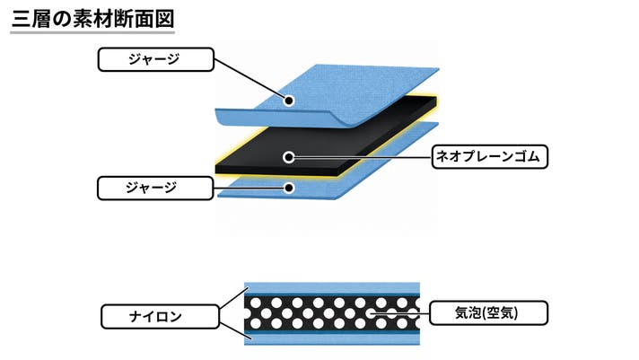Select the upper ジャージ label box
click(x=155, y=59)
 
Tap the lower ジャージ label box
click(x=155, y=188)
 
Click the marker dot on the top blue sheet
click(x=289, y=101)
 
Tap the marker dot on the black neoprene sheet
click(x=289, y=157)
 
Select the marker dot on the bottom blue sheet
click(x=289, y=188)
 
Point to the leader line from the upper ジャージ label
click(x=251, y=80)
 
